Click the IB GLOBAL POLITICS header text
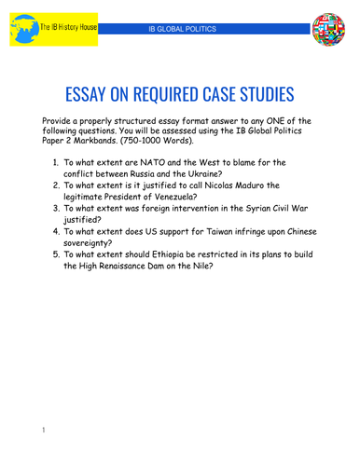click(188, 30)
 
